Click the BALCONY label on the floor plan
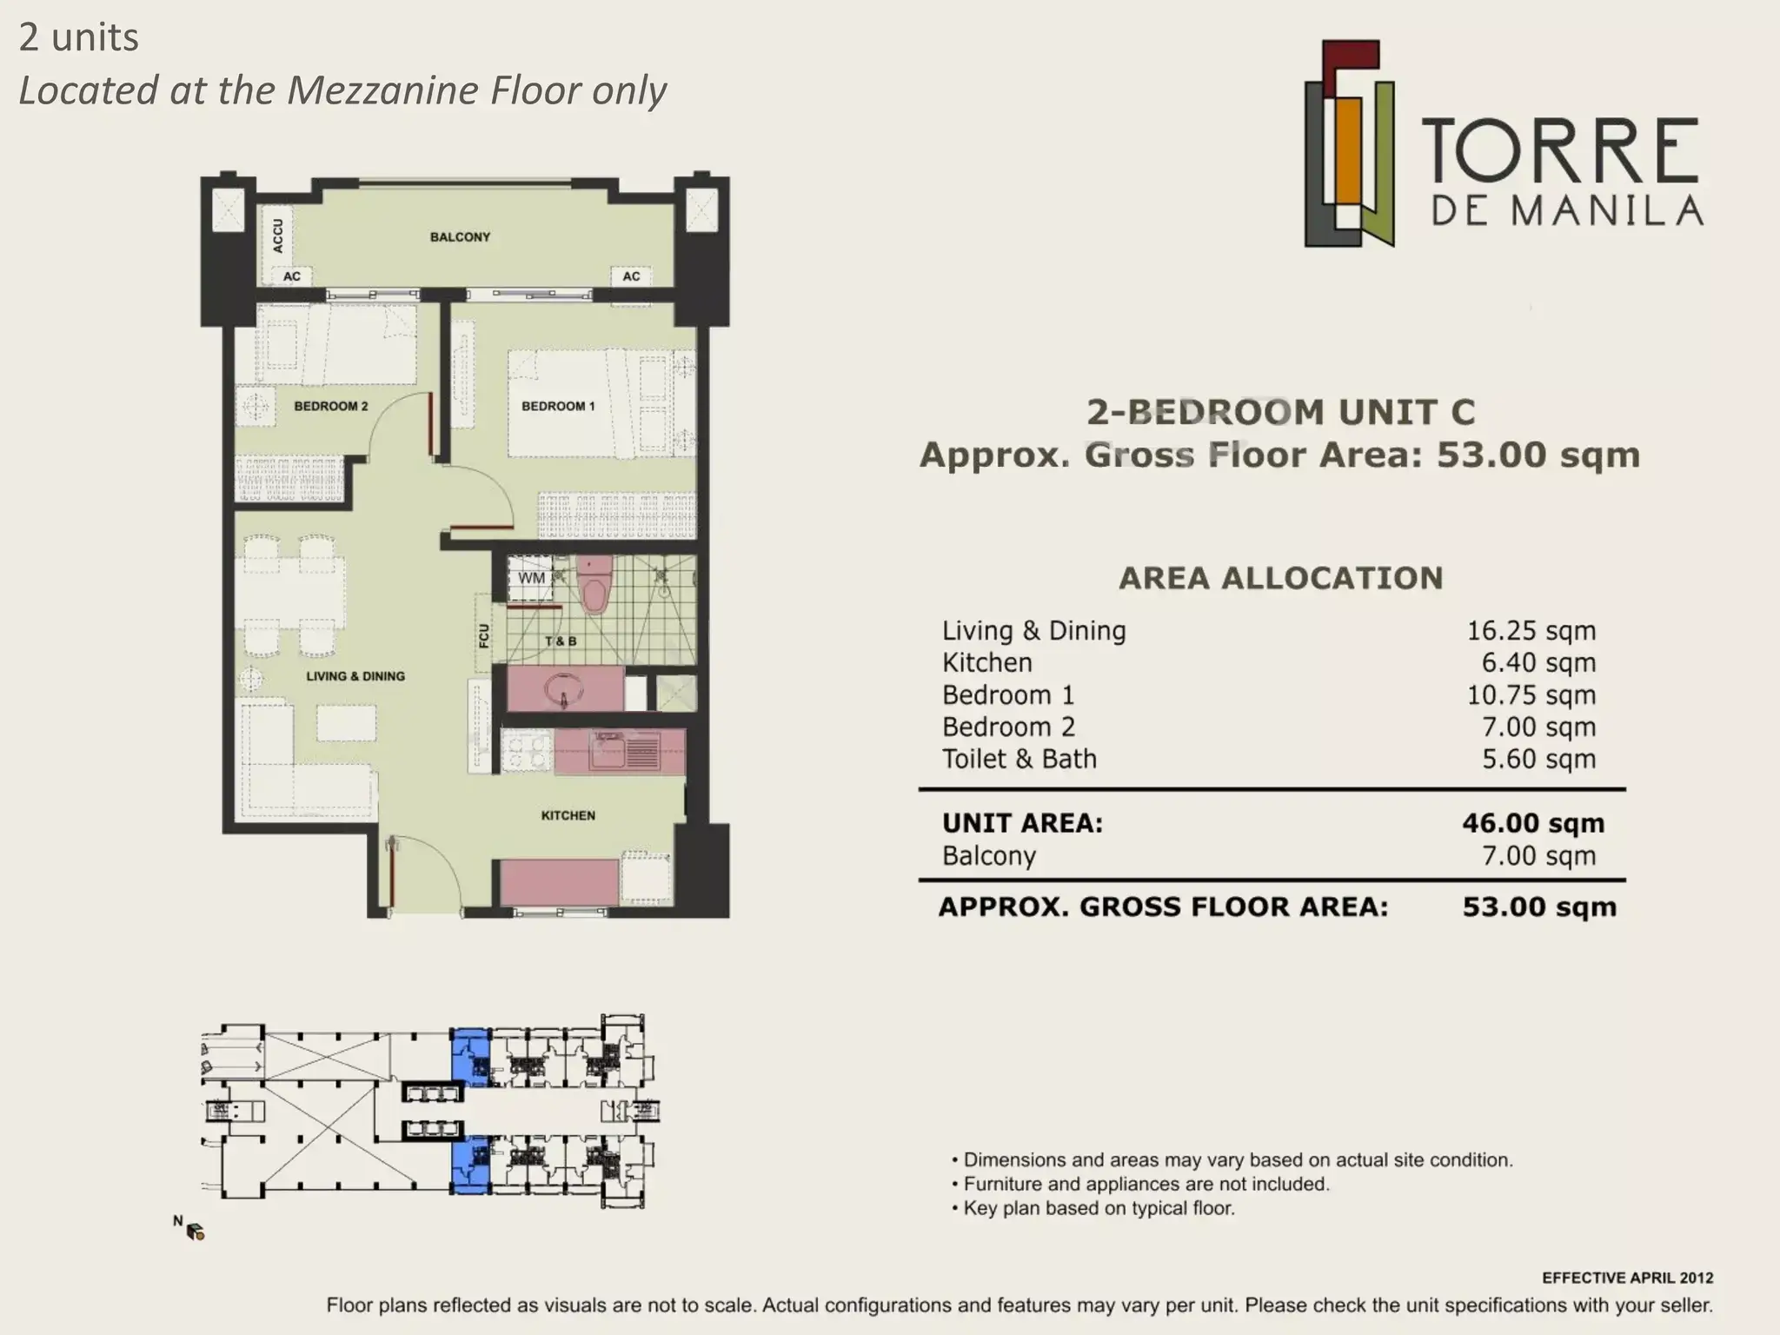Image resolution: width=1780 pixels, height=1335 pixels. tap(460, 236)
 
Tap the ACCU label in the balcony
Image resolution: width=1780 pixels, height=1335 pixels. tap(277, 236)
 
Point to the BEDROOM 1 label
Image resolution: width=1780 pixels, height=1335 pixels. tap(558, 406)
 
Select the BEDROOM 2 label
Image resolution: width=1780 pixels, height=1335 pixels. tap(330, 406)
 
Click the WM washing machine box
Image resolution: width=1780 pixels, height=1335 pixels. tap(531, 578)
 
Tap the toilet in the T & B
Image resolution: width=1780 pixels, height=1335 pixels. tap(595, 586)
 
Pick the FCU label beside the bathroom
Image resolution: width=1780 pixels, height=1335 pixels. tap(484, 635)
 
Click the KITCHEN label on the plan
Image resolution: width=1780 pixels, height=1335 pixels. tap(568, 815)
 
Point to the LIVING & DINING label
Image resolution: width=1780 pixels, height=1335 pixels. tap(355, 676)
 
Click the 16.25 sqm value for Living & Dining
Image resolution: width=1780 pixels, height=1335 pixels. tap(1531, 631)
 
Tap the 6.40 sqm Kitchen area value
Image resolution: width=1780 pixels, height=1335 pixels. tap(1538, 663)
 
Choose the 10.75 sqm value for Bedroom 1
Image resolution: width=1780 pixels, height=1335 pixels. tap(1531, 695)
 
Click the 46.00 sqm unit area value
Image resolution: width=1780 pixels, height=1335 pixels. tap(1533, 823)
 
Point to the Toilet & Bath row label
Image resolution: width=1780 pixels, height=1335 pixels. tap(1020, 759)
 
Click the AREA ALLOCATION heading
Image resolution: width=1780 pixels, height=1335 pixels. tap(1281, 578)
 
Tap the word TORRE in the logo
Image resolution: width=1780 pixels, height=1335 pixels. tap(1560, 151)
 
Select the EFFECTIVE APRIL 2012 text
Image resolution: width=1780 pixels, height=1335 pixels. tap(1628, 1278)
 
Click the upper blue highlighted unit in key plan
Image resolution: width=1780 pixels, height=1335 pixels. tap(470, 1057)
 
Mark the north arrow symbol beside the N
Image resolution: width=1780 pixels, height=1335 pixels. tap(196, 1231)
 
